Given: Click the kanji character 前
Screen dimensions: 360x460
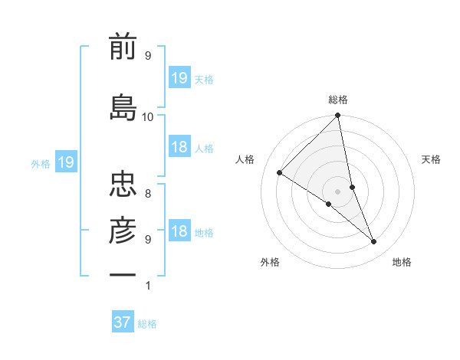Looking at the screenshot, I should click(123, 48).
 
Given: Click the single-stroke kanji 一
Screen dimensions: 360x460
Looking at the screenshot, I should click(123, 273).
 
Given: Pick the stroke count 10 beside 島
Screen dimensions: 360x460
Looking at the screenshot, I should click(148, 116).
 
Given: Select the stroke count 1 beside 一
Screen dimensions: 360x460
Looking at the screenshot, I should click(148, 286).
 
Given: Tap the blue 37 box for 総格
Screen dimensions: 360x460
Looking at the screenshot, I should click(123, 322).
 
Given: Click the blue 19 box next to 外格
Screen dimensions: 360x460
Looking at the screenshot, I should click(65, 162).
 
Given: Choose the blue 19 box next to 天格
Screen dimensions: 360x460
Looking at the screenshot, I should click(179, 77).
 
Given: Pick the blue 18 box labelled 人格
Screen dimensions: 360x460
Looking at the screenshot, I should click(179, 147).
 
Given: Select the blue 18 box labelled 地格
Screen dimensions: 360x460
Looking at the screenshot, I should click(179, 232).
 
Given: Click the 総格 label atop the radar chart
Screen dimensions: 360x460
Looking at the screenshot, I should click(338, 100).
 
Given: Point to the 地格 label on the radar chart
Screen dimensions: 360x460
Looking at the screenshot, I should click(402, 262).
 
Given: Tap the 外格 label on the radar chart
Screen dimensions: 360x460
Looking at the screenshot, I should click(270, 262).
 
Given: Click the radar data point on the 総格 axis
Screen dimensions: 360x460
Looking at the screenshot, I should click(338, 116).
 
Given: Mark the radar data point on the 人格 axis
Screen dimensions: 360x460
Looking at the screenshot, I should click(280, 173).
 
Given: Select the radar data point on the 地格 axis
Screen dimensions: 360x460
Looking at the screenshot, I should click(374, 242).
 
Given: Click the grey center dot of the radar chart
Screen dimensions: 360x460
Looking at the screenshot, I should click(337, 191).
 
